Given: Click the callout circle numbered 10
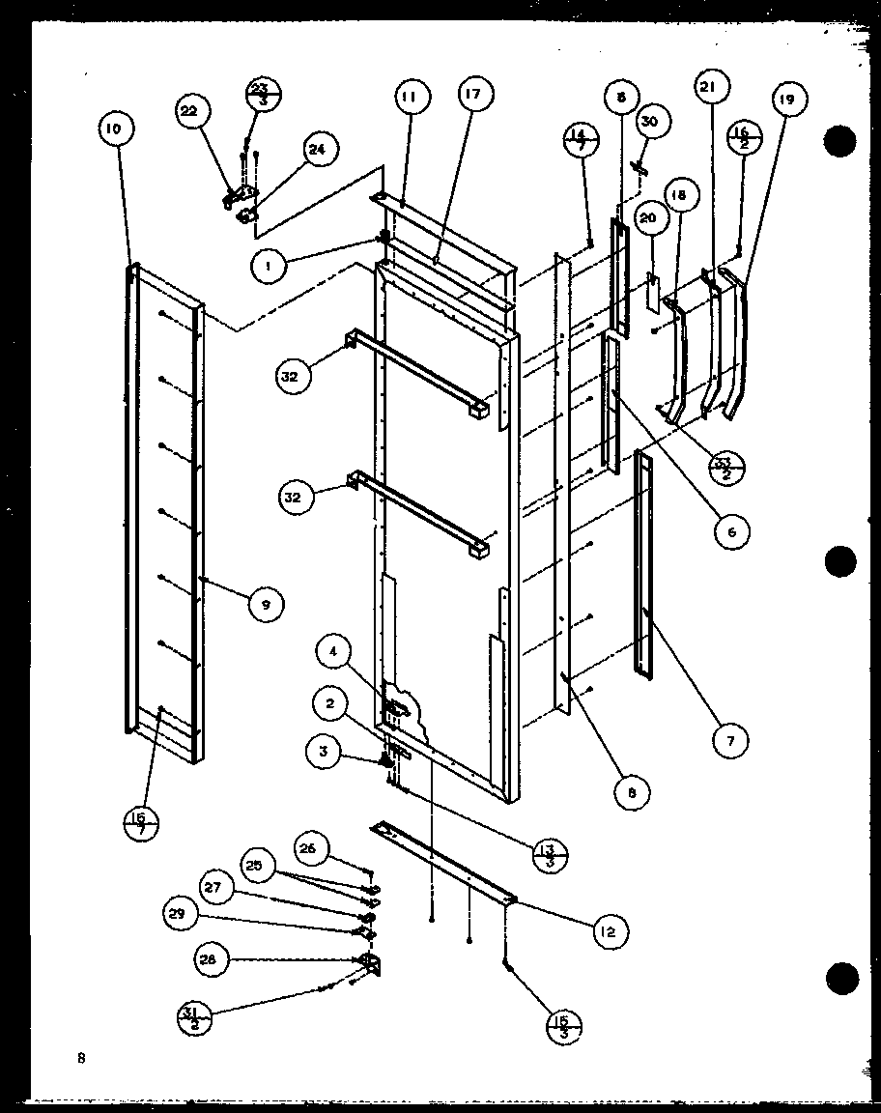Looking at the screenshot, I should point(114,128).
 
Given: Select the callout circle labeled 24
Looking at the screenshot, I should point(316,149).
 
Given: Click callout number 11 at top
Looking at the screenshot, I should point(409,97).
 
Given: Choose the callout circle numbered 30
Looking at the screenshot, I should point(649,121).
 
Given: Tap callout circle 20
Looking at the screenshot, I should point(648,218).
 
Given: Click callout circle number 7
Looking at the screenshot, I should point(731,742).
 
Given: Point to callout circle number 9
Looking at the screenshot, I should point(264,605).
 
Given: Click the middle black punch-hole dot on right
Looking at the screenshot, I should point(840,560).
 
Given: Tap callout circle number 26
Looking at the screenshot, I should point(307,849).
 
